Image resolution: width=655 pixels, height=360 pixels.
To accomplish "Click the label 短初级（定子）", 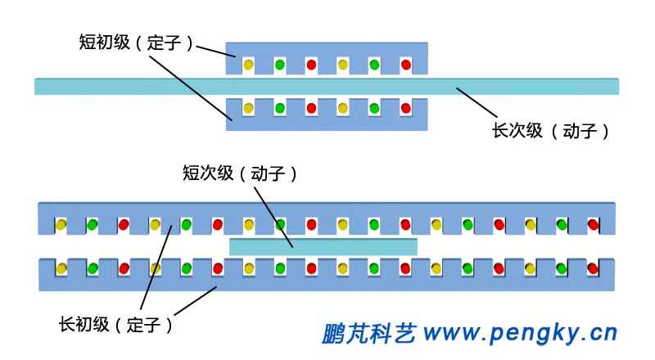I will pyautogui.click(x=136, y=43).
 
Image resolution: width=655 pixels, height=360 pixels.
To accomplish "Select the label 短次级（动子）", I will pyautogui.click(x=238, y=173).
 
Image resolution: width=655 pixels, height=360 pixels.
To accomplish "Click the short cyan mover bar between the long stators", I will pyautogui.click(x=323, y=245).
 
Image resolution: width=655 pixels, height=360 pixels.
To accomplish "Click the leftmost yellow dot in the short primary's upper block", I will pyautogui.click(x=248, y=64).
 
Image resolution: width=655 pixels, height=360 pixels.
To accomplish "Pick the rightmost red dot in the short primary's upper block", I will pyautogui.click(x=405, y=64).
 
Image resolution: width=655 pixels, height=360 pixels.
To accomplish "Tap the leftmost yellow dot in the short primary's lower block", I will pyautogui.click(x=248, y=108).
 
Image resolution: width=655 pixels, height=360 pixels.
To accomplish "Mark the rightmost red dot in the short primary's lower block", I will pyautogui.click(x=405, y=108).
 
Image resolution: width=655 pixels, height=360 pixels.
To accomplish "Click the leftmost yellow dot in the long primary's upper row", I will pyautogui.click(x=61, y=223).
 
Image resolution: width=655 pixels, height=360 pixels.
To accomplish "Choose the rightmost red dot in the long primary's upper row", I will pyautogui.click(x=593, y=223).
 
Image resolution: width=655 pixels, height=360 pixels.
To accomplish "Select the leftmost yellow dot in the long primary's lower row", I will pyautogui.click(x=61, y=268).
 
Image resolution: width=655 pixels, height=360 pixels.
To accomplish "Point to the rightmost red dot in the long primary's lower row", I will pyautogui.click(x=593, y=268).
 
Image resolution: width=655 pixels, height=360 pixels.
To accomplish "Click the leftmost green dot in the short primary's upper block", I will pyautogui.click(x=279, y=64).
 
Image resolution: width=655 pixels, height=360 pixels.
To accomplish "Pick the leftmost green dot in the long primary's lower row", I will pyautogui.click(x=93, y=268).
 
